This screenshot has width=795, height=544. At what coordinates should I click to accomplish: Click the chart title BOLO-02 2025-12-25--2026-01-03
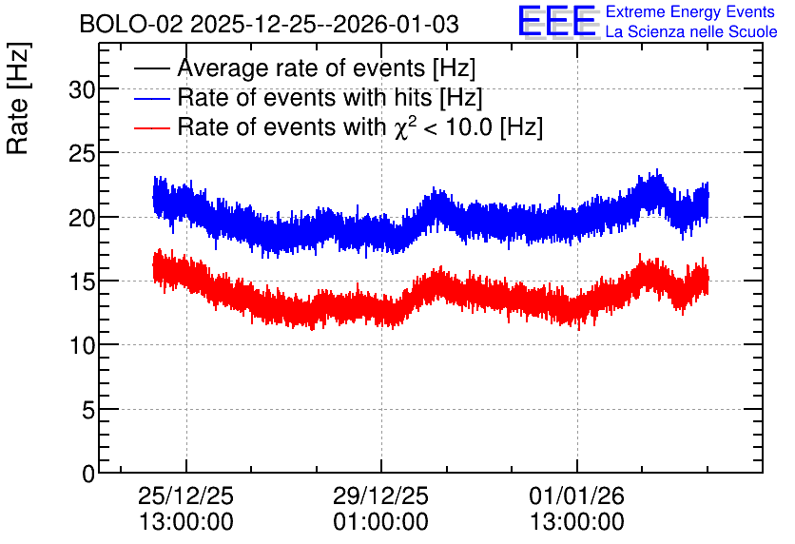[x=269, y=24]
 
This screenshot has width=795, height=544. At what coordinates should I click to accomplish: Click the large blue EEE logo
[x=557, y=22]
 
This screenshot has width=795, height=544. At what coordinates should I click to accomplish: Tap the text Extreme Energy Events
[x=690, y=11]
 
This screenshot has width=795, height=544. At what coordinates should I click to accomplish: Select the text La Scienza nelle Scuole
[x=691, y=31]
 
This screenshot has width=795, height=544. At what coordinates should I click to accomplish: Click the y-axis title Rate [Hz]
[x=19, y=99]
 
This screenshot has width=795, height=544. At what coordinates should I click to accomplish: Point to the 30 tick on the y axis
[x=82, y=90]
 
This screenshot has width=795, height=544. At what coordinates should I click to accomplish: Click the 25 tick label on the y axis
[x=82, y=154]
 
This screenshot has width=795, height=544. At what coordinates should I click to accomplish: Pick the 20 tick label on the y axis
[x=82, y=218]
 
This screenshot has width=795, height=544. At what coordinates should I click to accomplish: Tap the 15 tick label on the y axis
[x=82, y=282]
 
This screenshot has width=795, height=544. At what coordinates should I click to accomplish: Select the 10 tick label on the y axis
[x=82, y=346]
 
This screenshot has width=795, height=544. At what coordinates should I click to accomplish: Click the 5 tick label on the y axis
[x=88, y=410]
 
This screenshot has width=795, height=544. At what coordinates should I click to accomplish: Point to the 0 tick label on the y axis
[x=88, y=474]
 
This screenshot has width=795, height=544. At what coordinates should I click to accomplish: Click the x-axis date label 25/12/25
[x=185, y=495]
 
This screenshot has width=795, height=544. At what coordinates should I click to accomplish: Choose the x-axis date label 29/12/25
[x=380, y=495]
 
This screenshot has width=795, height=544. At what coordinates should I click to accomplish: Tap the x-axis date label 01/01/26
[x=576, y=495]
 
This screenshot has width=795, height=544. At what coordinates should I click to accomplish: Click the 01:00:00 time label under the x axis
[x=380, y=522]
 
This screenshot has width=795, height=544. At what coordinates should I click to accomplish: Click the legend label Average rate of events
[x=301, y=68]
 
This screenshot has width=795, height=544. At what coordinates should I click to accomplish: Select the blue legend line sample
[x=151, y=98]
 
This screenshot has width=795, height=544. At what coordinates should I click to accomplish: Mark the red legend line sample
[x=151, y=127]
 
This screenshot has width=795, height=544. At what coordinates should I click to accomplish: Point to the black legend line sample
[x=151, y=68]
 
